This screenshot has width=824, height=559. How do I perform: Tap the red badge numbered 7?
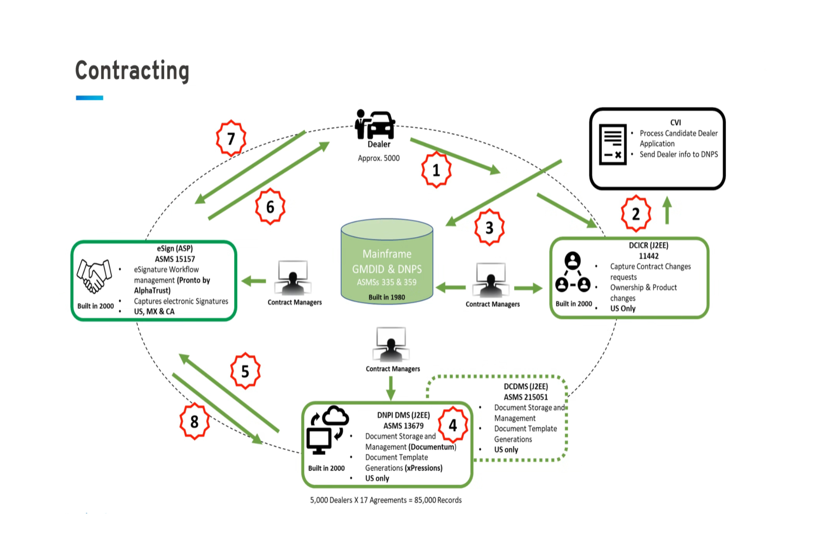coord(231,138)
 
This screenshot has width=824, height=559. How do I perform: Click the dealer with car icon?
coord(375,125)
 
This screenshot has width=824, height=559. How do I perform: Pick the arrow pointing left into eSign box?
coord(254,281)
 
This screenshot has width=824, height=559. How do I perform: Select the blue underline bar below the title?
coord(89,98)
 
